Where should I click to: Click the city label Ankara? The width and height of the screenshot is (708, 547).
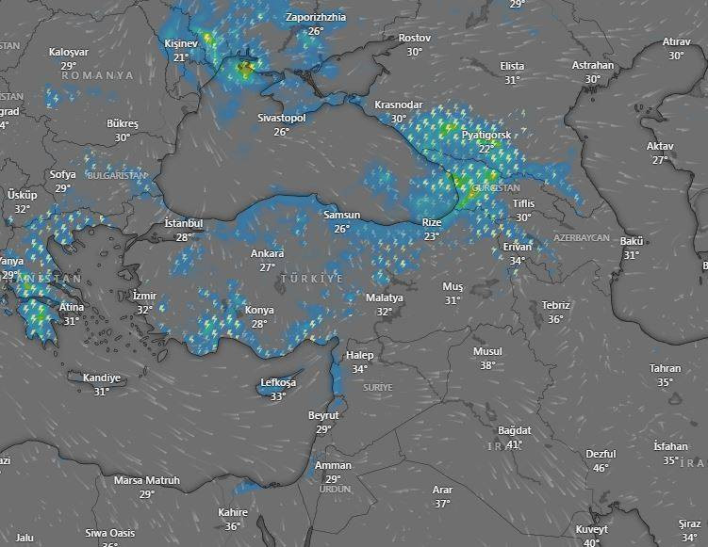(x=267, y=254)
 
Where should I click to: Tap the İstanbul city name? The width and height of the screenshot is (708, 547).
(x=184, y=223)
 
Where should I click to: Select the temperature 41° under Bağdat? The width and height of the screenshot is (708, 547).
(x=514, y=443)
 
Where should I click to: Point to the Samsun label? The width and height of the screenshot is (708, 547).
(x=341, y=216)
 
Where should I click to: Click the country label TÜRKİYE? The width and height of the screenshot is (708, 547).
(x=312, y=280)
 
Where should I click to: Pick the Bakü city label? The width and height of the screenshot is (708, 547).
(x=632, y=242)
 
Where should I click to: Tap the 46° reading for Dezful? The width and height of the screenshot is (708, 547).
(x=601, y=467)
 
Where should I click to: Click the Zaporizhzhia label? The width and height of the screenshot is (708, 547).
(x=316, y=18)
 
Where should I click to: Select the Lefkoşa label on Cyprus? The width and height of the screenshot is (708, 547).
(x=278, y=383)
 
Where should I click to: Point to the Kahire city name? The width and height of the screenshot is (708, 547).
(x=233, y=512)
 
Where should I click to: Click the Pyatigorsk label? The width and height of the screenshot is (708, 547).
(x=486, y=136)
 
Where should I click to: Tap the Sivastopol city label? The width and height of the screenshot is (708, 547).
(x=282, y=119)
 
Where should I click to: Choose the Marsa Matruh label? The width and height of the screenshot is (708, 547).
(x=147, y=480)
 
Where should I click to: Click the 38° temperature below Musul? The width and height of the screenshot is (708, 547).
(x=487, y=365)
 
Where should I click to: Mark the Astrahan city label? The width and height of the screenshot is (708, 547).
(x=593, y=66)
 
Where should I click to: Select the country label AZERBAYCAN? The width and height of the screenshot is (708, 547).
(x=582, y=238)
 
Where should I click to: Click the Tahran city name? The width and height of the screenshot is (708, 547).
(x=665, y=369)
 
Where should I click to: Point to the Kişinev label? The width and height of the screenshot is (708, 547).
(x=182, y=44)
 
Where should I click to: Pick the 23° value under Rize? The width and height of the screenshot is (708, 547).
(x=432, y=236)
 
